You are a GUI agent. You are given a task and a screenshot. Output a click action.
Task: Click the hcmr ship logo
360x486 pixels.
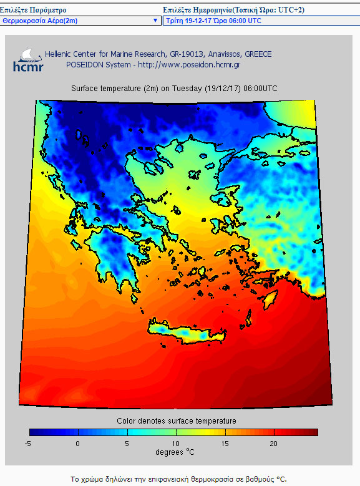coord(28,59)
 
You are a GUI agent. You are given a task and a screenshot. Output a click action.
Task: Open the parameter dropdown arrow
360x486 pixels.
coord(155,21)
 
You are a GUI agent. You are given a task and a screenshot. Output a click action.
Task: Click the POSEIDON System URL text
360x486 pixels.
coord(153,64)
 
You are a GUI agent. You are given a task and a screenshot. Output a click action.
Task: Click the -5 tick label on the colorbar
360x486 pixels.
coord(29,443)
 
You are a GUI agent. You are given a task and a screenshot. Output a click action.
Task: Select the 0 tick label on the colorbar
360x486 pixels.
coord(78,443)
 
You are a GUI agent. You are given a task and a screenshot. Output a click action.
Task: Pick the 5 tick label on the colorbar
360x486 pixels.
coord(127,443)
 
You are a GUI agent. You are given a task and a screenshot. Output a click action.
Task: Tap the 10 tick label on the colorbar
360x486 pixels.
coord(176,443)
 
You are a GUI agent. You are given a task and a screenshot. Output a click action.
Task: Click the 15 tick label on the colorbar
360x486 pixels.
coord(225,443)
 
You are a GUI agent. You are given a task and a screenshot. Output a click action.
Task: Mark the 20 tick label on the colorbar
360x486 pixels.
coord(273,443)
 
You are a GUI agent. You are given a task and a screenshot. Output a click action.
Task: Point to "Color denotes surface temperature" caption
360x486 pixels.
coord(177,421)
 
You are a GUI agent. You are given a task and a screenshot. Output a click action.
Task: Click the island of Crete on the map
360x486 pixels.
coord(187,334)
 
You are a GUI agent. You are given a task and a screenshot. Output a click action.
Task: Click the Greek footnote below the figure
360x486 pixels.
coord(178,479)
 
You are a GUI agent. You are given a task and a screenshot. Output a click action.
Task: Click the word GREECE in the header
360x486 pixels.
coord(258,54)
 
